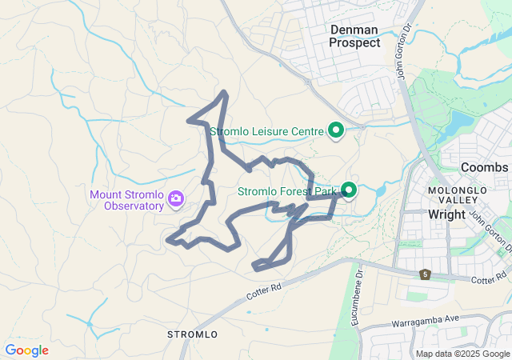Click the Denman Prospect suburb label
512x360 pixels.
(x=355, y=36)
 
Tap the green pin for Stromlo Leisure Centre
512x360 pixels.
(x=336, y=130)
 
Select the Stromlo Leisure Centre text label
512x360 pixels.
(x=266, y=131)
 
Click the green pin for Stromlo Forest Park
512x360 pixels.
(x=349, y=190)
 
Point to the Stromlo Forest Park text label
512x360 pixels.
(x=289, y=191)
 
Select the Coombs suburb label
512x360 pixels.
(x=484, y=167)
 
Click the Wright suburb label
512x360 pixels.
(x=446, y=214)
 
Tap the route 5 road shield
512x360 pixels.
(x=425, y=275)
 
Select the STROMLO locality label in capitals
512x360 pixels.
(x=193, y=333)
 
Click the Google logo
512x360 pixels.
(x=26, y=350)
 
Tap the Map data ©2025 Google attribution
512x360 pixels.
(x=461, y=354)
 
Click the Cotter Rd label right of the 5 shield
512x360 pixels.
(x=488, y=280)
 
